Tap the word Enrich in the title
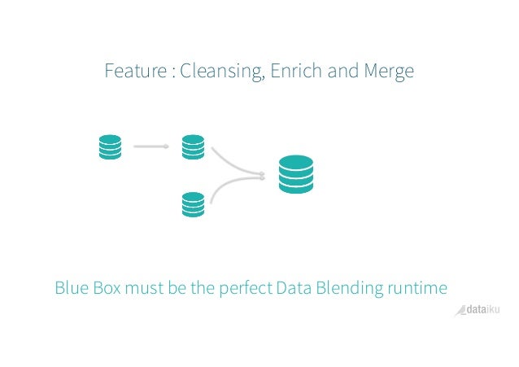click(298, 72)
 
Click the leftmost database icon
click(110, 147)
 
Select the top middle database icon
click(193, 147)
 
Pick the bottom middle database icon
click(193, 203)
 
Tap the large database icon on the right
click(295, 174)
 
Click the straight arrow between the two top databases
click(150, 147)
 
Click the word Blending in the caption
click(350, 288)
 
